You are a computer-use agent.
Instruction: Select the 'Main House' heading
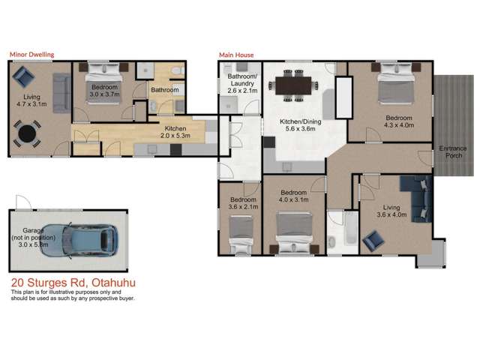click(235, 55)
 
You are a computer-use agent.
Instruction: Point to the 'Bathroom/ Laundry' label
click(242, 83)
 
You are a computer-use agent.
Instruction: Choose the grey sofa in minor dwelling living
click(61, 93)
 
